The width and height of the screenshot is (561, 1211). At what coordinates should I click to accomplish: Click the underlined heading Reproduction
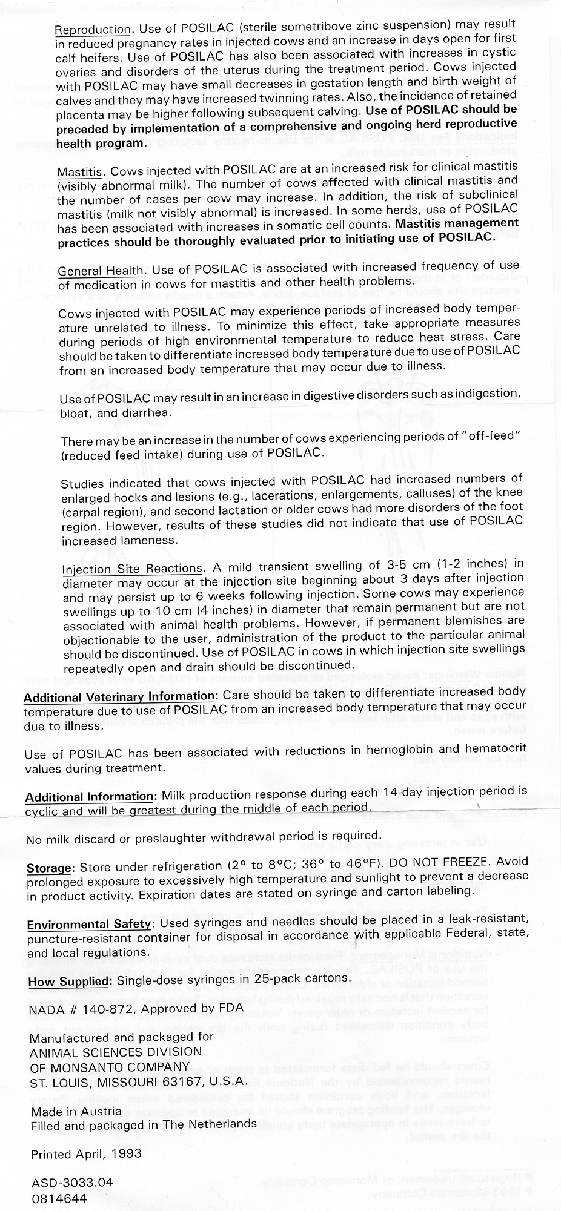coord(93,30)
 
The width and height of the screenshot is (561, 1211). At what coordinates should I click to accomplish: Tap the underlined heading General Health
coord(101,271)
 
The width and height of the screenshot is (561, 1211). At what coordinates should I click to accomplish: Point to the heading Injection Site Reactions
coord(132,569)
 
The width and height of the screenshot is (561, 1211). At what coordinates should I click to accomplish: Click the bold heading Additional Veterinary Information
coord(119,696)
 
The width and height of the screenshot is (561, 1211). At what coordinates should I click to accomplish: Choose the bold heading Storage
coord(49,868)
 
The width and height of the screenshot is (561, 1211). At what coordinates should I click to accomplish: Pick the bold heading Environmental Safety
coord(88,924)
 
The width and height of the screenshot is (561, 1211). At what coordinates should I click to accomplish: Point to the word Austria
coord(102,1112)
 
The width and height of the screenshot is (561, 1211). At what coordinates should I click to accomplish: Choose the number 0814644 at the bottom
coord(59,1198)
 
